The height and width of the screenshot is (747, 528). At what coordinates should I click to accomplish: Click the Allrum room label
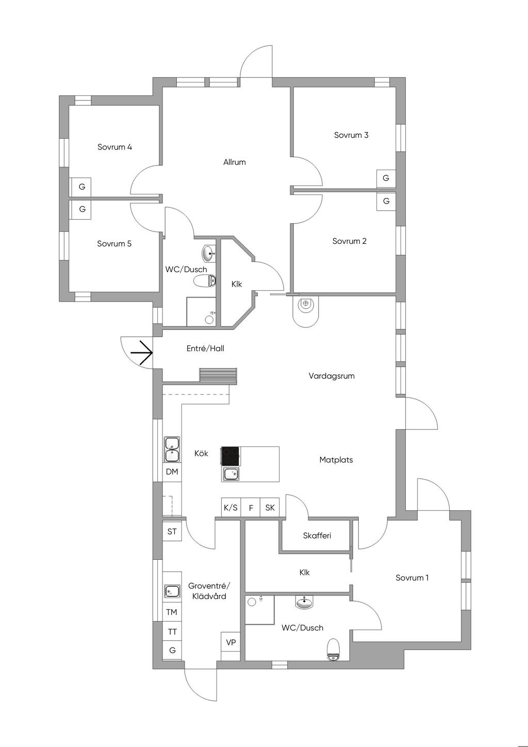234,162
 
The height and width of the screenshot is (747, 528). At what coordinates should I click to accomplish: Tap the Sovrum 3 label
351,135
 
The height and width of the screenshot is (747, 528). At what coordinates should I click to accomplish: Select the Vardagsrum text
332,376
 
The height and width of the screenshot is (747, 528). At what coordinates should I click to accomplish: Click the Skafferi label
317,536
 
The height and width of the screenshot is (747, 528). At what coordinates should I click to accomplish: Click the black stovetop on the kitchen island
230,456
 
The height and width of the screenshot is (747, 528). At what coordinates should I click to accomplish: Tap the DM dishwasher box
172,472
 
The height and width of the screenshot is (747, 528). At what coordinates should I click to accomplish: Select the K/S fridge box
230,507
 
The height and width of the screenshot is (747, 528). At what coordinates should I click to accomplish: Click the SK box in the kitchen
270,507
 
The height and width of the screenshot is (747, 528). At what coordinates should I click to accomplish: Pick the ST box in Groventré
172,532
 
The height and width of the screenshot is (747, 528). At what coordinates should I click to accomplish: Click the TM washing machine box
172,612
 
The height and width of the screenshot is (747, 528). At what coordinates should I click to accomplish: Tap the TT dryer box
172,632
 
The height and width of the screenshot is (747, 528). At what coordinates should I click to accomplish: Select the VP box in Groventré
230,642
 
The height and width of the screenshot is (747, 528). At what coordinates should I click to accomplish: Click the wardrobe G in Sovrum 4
81,187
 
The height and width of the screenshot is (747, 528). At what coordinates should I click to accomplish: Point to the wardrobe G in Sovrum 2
386,201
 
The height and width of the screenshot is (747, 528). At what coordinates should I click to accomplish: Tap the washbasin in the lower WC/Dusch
304,602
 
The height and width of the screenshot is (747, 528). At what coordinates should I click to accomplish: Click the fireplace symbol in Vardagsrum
306,309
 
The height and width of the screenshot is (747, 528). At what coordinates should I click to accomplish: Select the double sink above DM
172,450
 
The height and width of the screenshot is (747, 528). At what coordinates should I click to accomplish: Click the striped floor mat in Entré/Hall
218,375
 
